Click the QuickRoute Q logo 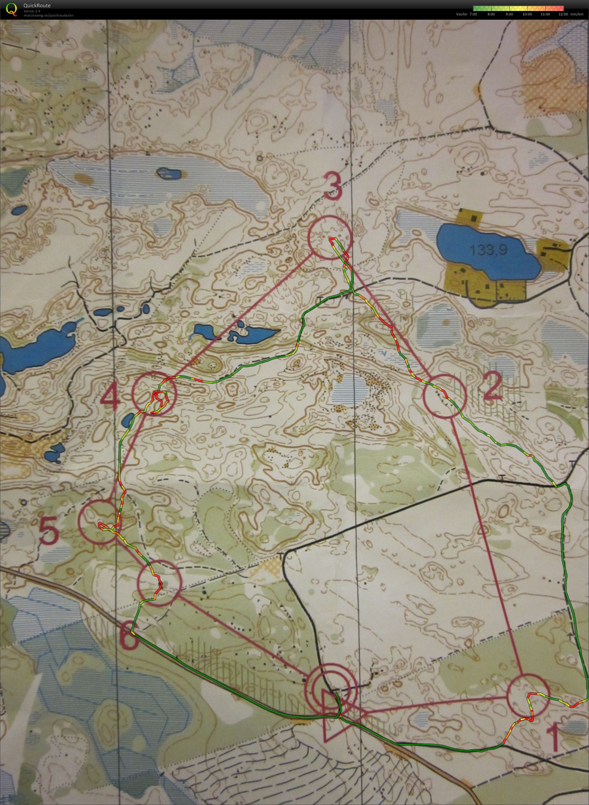pos(12,9)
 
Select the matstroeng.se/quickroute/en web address pos(48,15)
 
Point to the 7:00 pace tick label pos(473,14)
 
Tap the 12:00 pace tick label pos(564,14)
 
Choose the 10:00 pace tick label pos(527,14)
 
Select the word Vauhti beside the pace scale pos(461,14)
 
